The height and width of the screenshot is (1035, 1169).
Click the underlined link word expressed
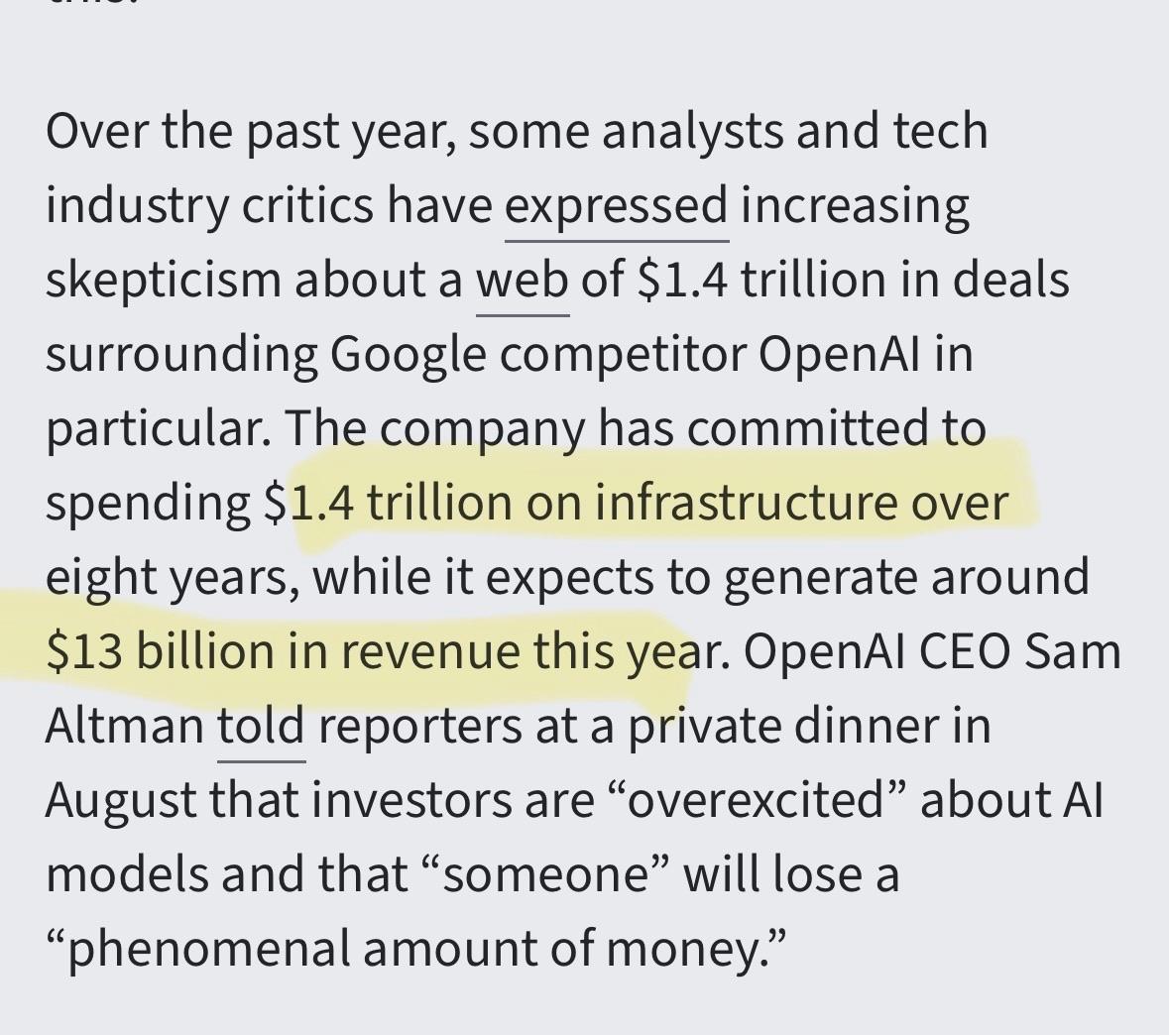pos(616,206)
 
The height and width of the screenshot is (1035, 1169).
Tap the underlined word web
pos(523,281)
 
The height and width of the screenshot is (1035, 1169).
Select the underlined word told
pos(261,727)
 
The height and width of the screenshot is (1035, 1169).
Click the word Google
pos(407,355)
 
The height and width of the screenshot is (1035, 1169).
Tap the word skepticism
pos(163,281)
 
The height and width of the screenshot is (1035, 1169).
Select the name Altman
pos(124,727)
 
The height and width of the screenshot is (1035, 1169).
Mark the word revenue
pos(415,652)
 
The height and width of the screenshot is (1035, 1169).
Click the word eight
pos(90,578)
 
